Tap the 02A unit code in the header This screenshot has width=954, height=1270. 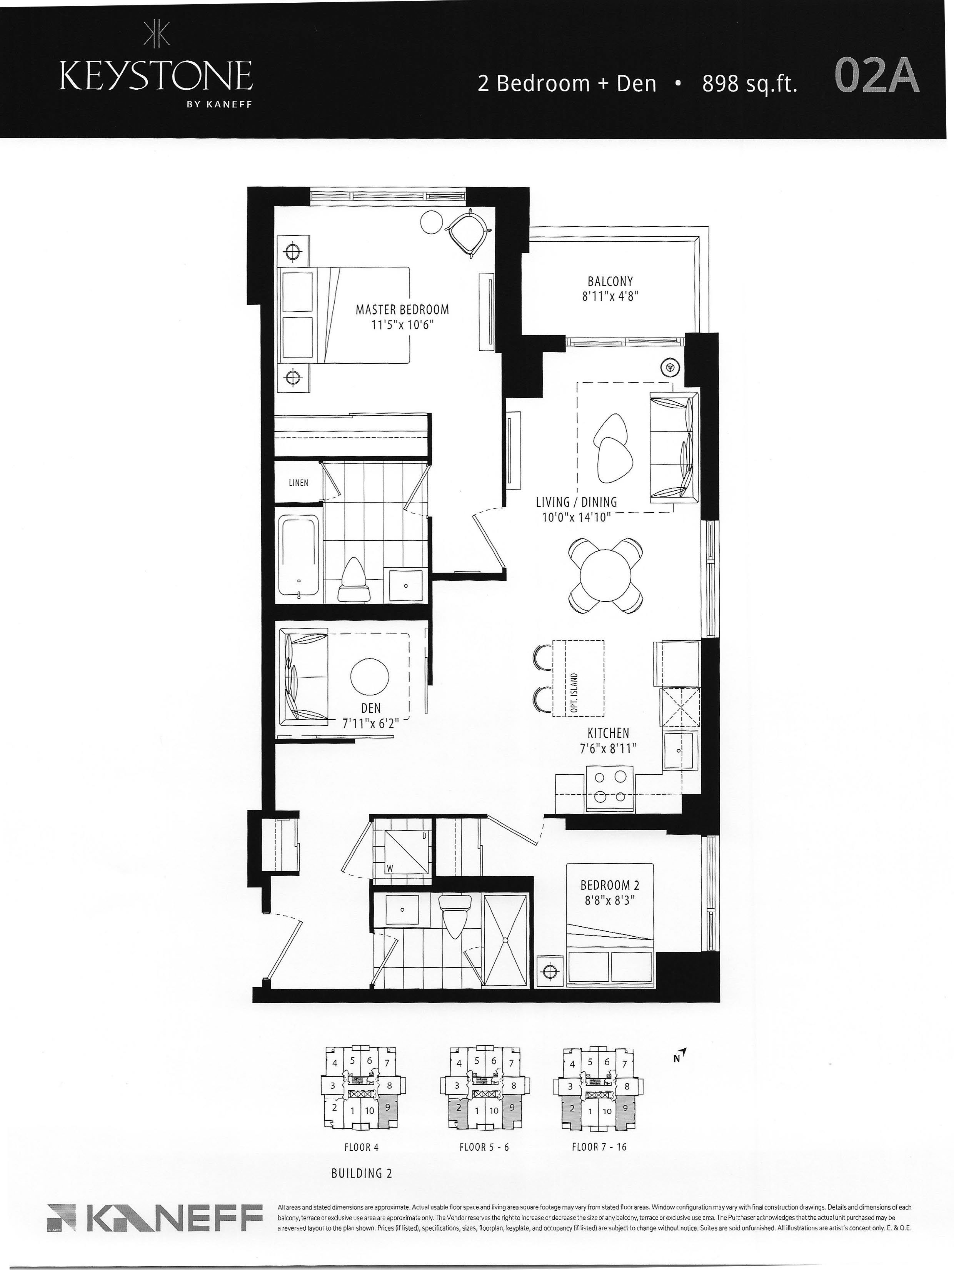(x=877, y=76)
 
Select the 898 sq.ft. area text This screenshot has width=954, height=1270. (x=750, y=84)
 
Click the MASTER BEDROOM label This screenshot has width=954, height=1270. (x=402, y=309)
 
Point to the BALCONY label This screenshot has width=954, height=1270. (x=610, y=281)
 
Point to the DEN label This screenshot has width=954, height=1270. (x=371, y=709)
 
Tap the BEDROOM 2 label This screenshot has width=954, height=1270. (x=610, y=885)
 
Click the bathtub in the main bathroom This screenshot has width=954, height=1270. (x=299, y=555)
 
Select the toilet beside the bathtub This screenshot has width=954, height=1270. (x=354, y=580)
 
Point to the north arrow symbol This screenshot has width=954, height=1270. (x=681, y=1055)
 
